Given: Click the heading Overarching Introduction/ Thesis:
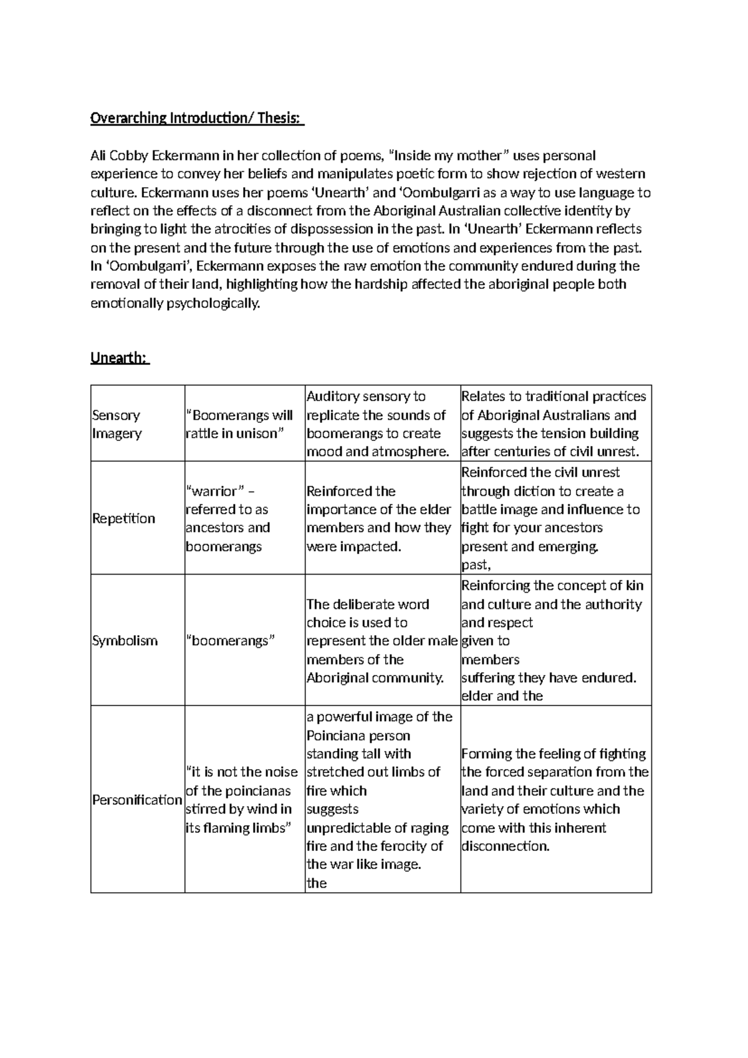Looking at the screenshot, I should [196, 118].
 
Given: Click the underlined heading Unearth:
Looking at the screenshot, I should [119, 358].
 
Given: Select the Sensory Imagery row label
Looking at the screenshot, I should [117, 424].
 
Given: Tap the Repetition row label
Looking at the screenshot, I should [123, 518].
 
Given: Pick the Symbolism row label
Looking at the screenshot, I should [125, 641].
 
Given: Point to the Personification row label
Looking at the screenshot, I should [137, 800].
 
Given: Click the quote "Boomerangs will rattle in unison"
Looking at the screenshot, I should [239, 424].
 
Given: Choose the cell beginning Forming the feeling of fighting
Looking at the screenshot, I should [555, 800].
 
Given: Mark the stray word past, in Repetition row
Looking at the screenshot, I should [476, 565].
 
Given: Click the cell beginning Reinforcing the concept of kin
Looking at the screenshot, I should [552, 641].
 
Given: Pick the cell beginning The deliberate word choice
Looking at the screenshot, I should [381, 641].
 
